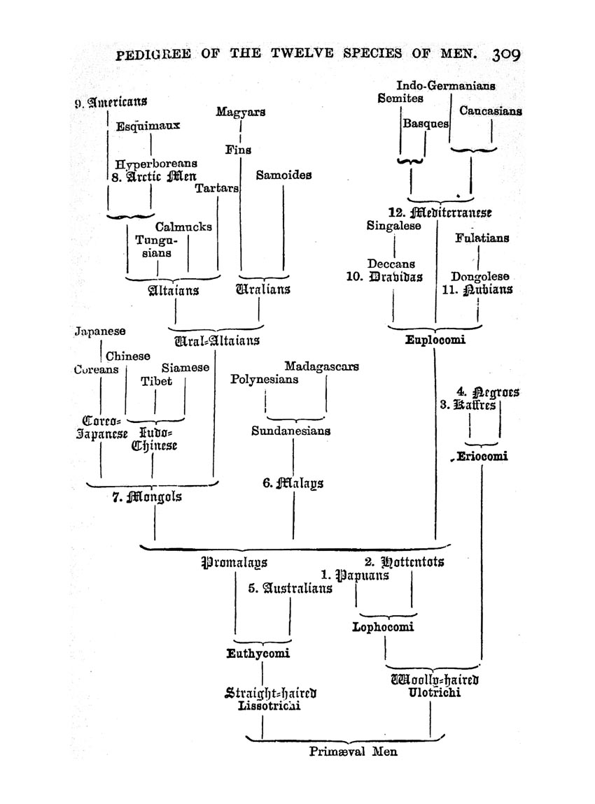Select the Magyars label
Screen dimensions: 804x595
pyautogui.click(x=240, y=112)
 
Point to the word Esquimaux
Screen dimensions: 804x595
pyautogui.click(x=148, y=126)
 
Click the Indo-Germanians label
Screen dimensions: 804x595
pyautogui.click(x=446, y=85)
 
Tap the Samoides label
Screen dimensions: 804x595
pyautogui.click(x=283, y=175)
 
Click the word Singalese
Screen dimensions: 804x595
pyautogui.click(x=393, y=226)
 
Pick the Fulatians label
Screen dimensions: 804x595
pyautogui.click(x=482, y=238)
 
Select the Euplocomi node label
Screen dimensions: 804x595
pyautogui.click(x=435, y=340)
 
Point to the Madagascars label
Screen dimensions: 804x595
pyautogui.click(x=321, y=366)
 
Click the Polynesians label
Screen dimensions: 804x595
pyautogui.click(x=264, y=380)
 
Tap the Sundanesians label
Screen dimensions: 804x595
pyautogui.click(x=290, y=431)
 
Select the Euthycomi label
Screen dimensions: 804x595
pyautogui.click(x=258, y=654)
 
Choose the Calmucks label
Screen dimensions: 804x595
pyautogui.click(x=183, y=227)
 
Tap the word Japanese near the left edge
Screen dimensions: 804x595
pyautogui.click(x=100, y=331)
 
